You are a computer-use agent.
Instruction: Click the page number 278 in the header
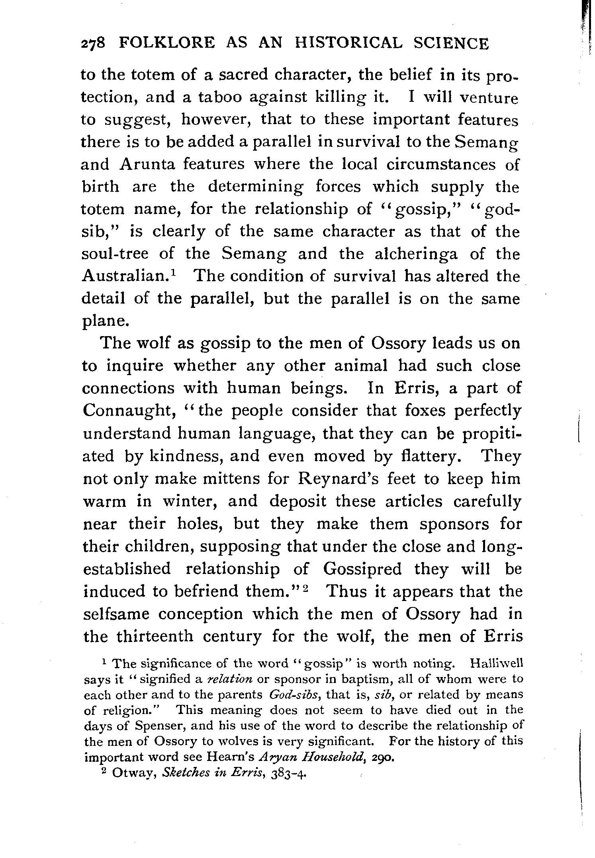pyautogui.click(x=92, y=43)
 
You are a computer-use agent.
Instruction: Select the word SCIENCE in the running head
pyautogui.click(x=450, y=43)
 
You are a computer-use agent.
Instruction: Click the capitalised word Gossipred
pyautogui.click(x=362, y=569)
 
